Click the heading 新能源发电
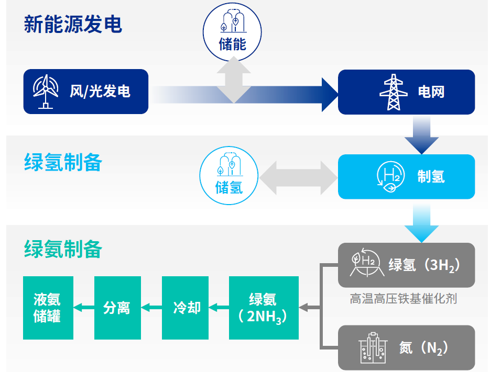pos(73,25)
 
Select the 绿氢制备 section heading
pos(63,162)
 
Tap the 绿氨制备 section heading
pos(63,249)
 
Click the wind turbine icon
pos(46,91)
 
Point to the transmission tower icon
pos(394,92)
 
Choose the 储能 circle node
pos(232,32)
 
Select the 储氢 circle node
pos(229,175)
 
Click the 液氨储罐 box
pos(48,308)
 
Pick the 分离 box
pos(117,308)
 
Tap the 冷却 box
pos(185,308)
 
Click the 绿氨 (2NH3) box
pos(264,308)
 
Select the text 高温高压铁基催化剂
pos(404,299)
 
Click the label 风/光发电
pos(100,92)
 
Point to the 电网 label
pos(431,92)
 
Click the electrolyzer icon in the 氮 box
pos(373,347)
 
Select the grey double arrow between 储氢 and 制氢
pos(298,178)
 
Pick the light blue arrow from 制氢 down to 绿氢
pos(421,223)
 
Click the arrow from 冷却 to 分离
pos(151,308)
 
